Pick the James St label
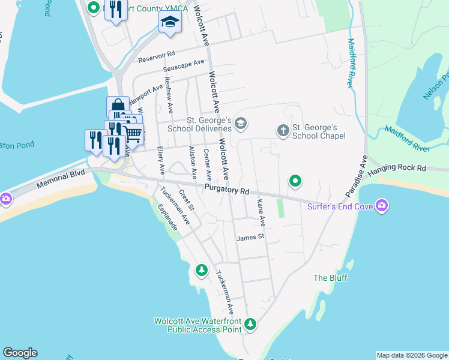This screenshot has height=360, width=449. tap(250, 238)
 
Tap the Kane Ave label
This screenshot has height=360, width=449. tap(261, 213)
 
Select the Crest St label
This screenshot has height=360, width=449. tap(187, 199)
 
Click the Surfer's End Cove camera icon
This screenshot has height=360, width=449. tap(382, 207)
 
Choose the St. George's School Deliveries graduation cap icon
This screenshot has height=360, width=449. tap(241, 124)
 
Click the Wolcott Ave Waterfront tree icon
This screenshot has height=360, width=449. tap(250, 325)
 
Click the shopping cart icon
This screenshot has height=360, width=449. tap(133, 133)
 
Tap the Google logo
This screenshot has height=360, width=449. tap(20, 353)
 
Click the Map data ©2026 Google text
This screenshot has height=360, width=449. tap(412, 355)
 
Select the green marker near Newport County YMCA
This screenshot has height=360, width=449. tap(94, 8)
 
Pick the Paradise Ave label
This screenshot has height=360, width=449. tap(356, 178)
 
